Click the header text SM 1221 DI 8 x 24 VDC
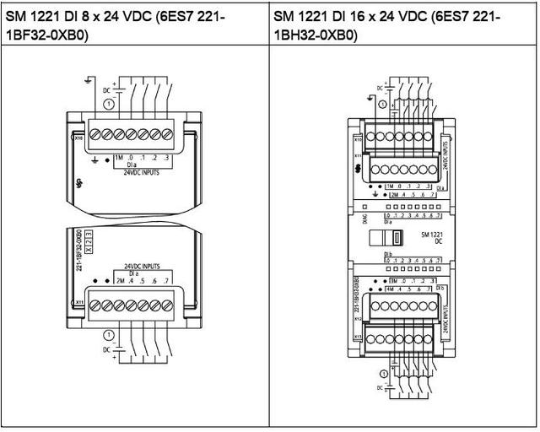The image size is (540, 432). pos(118,15)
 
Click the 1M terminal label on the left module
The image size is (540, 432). pos(119,158)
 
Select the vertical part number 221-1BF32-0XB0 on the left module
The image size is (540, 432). pos(77,253)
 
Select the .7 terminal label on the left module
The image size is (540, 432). pos(169,280)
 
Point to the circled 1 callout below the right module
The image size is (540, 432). pos(385,374)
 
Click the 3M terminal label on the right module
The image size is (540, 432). pos(393,279)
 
